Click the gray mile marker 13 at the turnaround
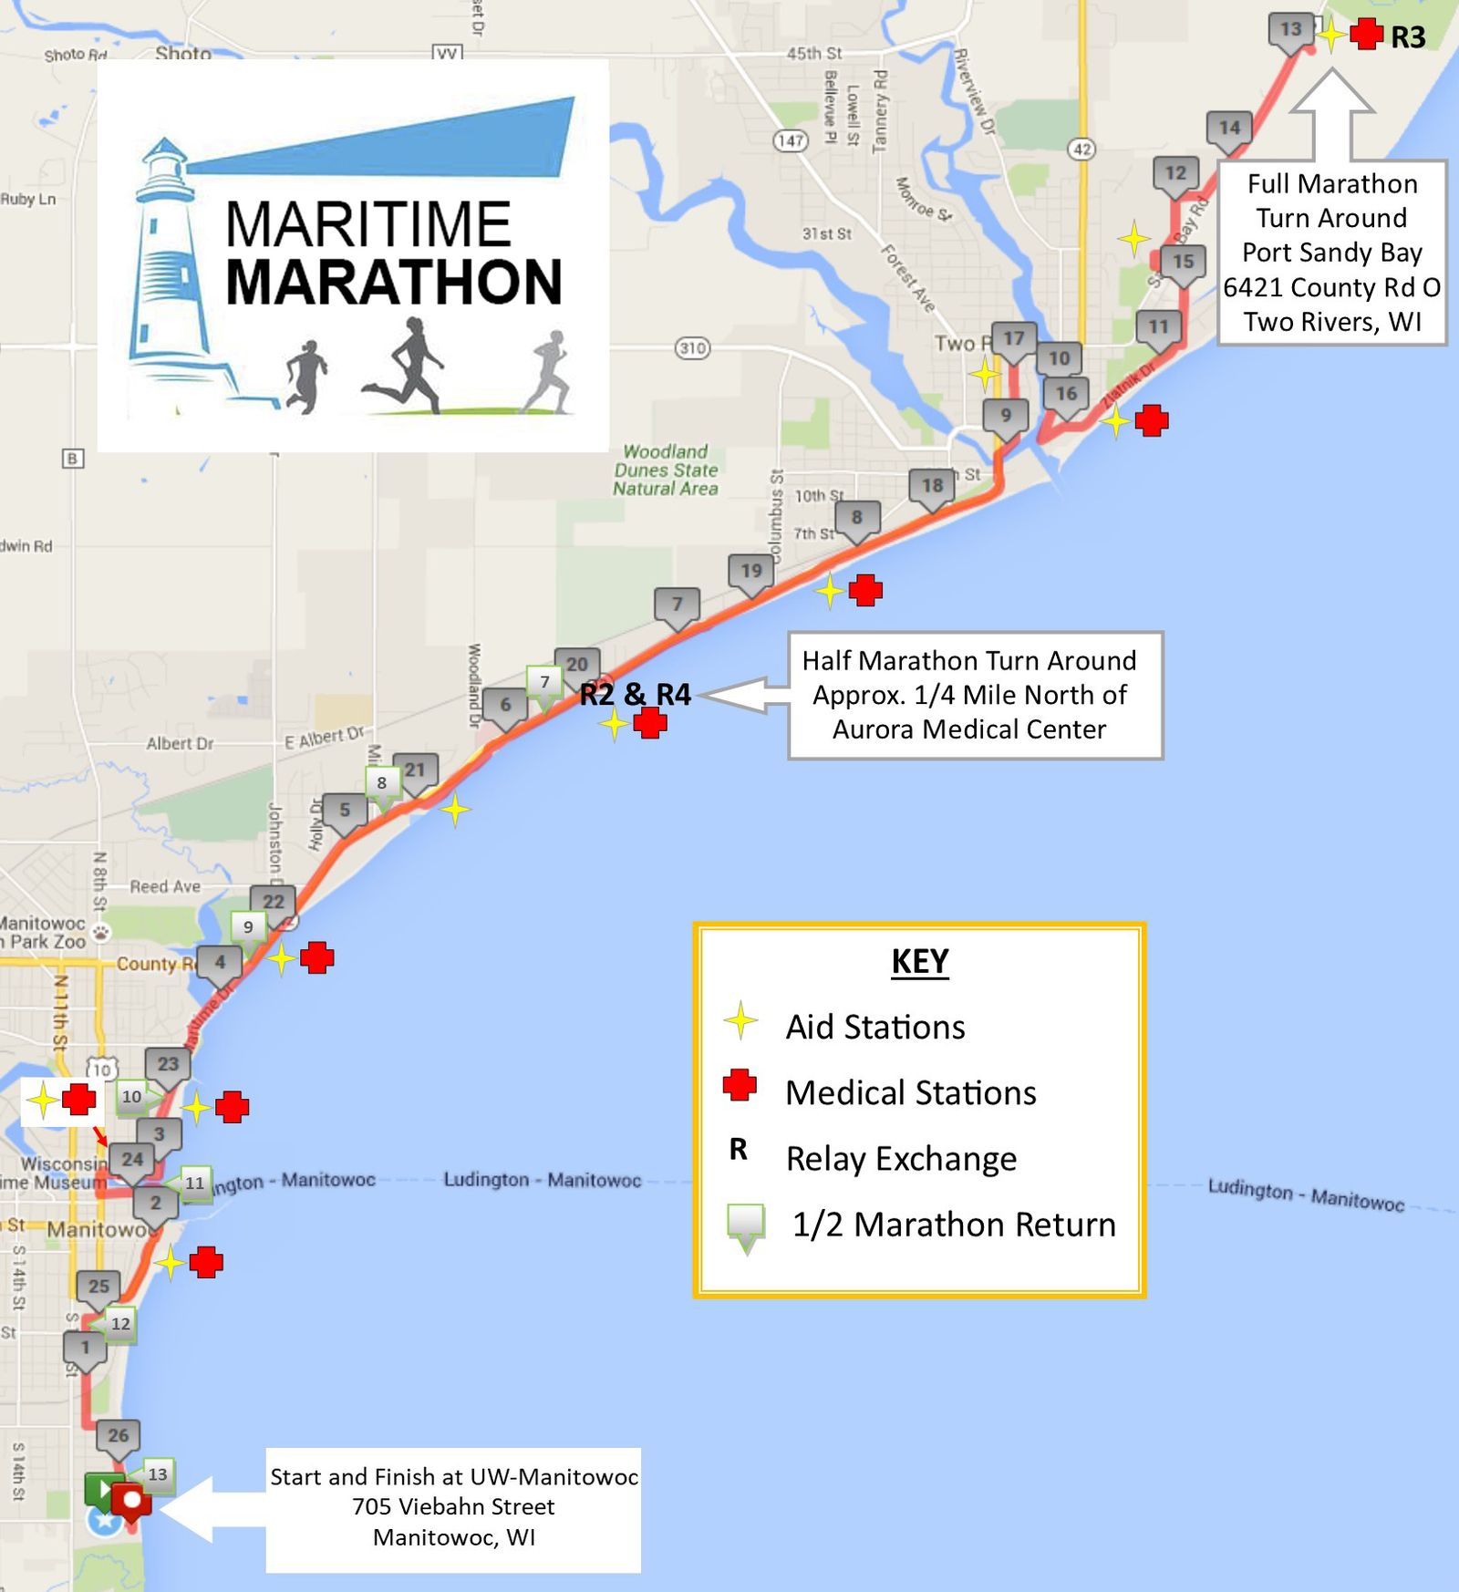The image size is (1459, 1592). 1290,30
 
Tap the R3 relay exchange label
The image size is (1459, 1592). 1407,37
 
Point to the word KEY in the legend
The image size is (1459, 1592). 919,961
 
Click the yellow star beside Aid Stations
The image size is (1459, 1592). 740,1021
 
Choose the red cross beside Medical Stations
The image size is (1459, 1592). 740,1085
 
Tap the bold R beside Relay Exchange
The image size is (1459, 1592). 738,1150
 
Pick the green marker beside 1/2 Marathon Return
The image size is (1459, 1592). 745,1225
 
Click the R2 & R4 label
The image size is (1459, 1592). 635,695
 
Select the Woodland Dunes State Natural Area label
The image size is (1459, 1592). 666,470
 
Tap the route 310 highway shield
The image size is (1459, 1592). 692,347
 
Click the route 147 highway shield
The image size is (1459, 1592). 790,140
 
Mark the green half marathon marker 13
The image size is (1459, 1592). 158,1474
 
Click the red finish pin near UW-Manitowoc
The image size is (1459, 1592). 132,1501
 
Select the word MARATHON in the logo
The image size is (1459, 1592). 393,283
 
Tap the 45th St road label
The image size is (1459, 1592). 813,54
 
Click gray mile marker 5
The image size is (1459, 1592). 345,811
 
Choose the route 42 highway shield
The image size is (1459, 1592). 1081,150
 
